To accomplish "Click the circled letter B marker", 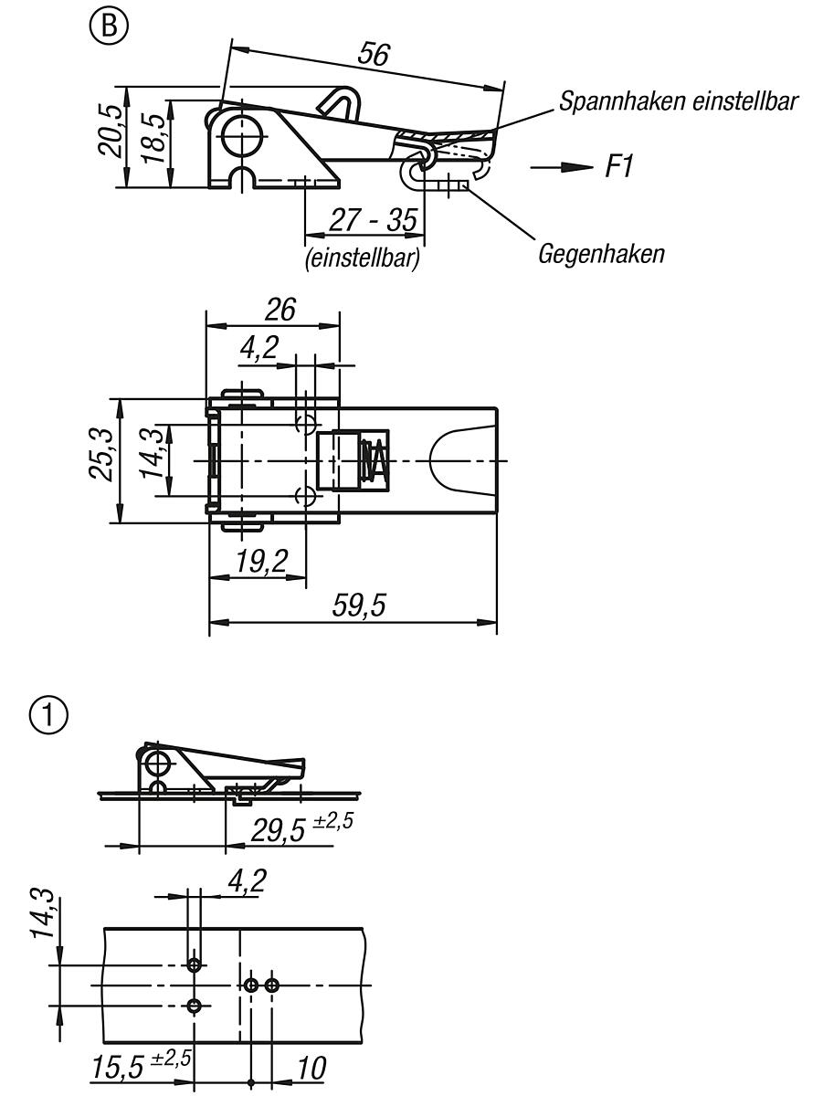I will (x=110, y=25).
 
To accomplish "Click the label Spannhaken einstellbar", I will (x=679, y=101).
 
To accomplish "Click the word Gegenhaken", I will (x=601, y=254).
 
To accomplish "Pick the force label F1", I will (x=619, y=167).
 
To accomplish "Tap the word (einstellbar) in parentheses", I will (x=362, y=258).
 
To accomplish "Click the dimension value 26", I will (x=280, y=310).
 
